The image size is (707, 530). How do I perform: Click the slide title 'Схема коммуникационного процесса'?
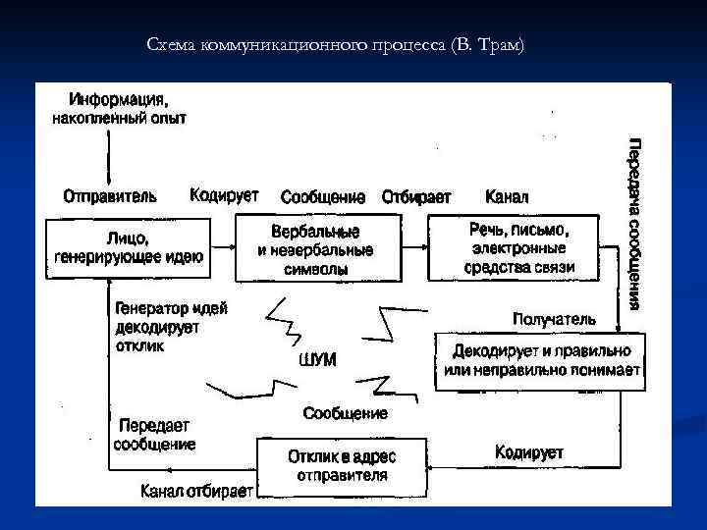[x=336, y=45]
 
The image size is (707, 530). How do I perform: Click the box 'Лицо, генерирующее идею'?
[x=130, y=248]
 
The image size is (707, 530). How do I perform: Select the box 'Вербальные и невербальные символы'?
[x=315, y=248]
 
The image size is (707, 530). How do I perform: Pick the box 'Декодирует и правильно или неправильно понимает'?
[x=542, y=360]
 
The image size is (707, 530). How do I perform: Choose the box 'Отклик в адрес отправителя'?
[x=341, y=466]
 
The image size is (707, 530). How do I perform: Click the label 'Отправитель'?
[x=102, y=195]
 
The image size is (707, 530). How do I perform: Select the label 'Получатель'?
[x=554, y=319]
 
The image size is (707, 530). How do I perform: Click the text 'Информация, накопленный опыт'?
[x=118, y=108]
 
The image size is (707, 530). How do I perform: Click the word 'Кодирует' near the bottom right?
[x=529, y=452]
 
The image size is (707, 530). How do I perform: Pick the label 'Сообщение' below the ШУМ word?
[x=345, y=413]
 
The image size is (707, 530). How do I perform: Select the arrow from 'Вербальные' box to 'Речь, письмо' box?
[x=413, y=248]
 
